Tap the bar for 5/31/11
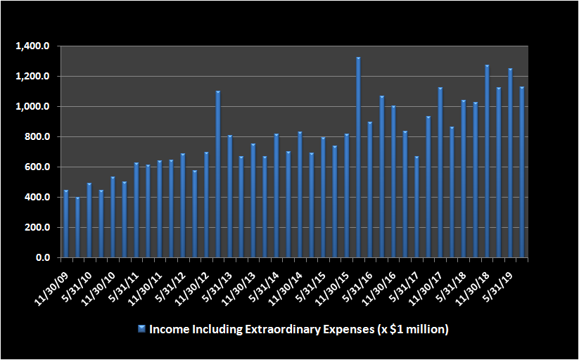point(136,210)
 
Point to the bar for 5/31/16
point(370,190)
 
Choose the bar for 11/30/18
point(487,162)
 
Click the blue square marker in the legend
point(141,328)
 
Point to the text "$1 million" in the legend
point(418,329)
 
